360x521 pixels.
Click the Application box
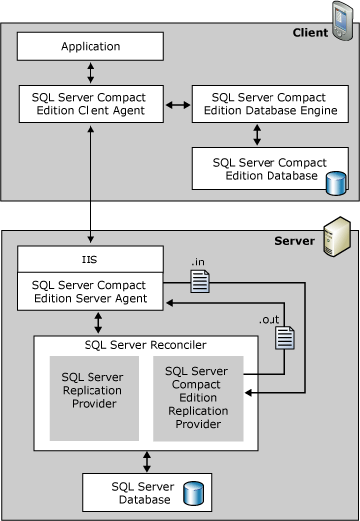point(90,46)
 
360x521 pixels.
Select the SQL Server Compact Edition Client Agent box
point(90,104)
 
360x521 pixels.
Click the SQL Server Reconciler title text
point(147,344)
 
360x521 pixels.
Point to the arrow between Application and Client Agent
point(90,73)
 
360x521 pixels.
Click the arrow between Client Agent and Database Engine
point(177,103)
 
